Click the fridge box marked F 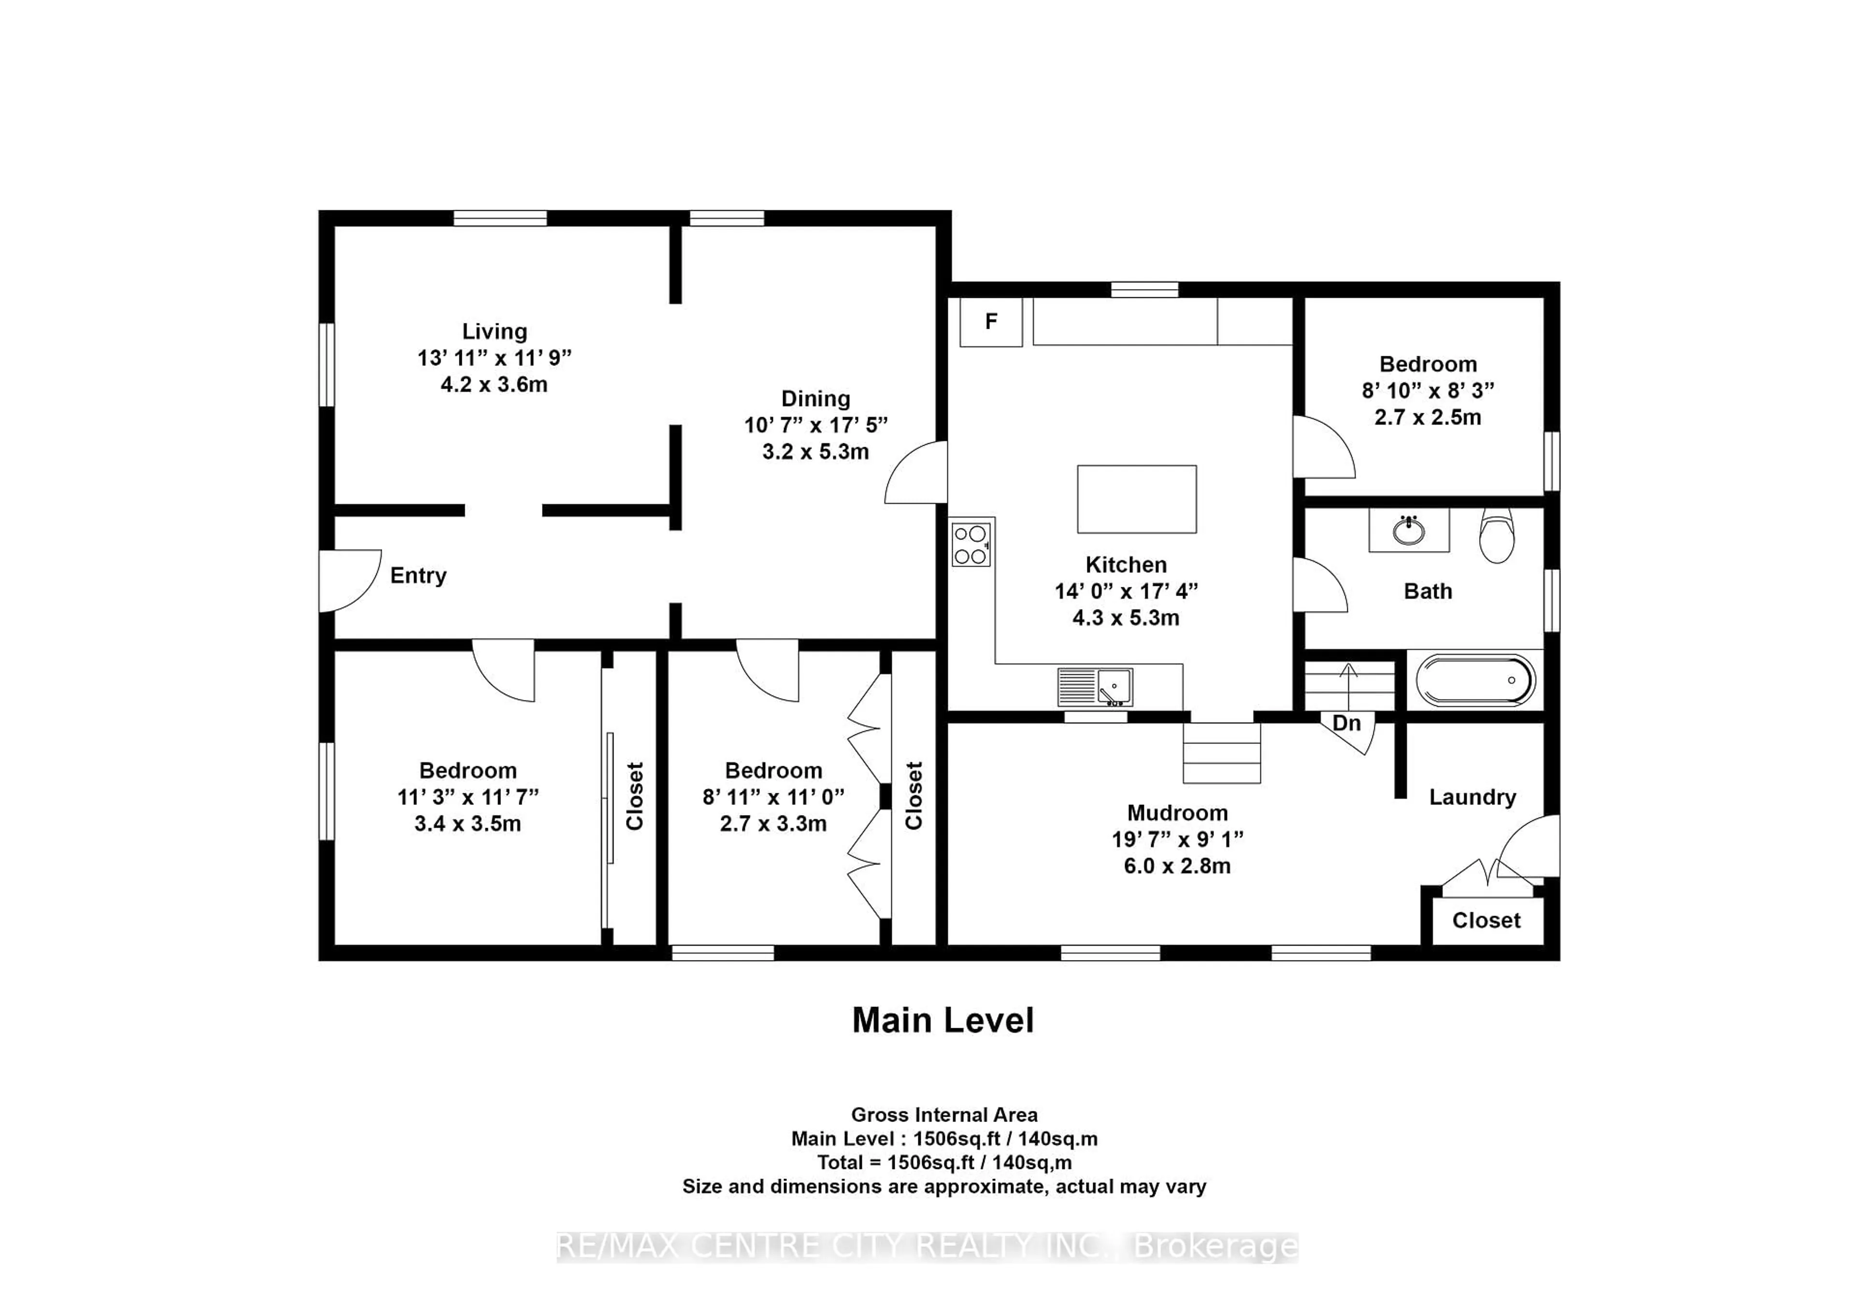click(x=990, y=322)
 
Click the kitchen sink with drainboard click(x=1096, y=687)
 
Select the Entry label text click(x=418, y=576)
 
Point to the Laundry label click(x=1472, y=798)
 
